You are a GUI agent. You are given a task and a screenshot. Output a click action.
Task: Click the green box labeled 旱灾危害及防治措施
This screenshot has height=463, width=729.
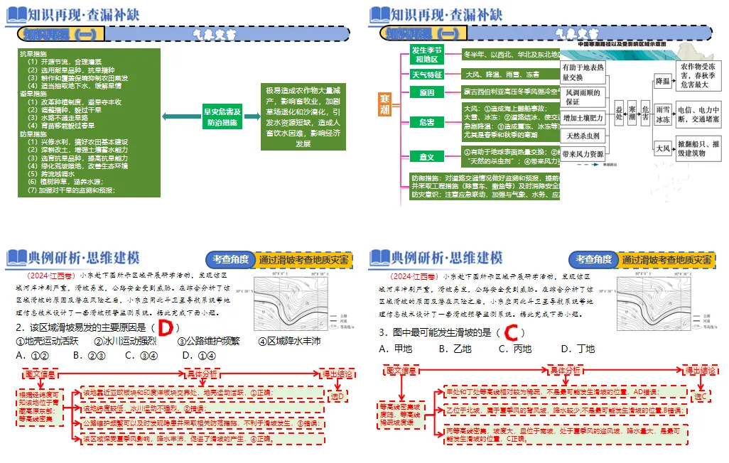point(222,116)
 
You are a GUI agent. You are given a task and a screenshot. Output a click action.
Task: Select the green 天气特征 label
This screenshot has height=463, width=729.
point(426,74)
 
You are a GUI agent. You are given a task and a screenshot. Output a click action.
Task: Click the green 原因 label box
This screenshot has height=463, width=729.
point(426,92)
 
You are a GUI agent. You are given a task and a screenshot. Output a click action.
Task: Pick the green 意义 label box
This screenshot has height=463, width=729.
point(426,156)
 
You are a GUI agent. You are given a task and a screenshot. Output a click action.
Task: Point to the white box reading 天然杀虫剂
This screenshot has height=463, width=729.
point(583,136)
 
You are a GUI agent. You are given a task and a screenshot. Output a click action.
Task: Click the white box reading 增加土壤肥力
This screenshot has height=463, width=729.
point(583,118)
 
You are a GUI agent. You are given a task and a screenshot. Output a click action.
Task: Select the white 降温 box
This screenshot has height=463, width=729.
point(662,81)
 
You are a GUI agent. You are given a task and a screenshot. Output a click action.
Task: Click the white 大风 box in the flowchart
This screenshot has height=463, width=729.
point(662,148)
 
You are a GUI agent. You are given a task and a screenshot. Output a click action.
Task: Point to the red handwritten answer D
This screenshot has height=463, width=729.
point(166,327)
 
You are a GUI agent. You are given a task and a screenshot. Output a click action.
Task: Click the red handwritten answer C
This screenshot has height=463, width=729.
point(511,332)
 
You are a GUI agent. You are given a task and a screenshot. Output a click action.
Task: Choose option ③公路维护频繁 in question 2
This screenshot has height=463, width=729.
point(209,342)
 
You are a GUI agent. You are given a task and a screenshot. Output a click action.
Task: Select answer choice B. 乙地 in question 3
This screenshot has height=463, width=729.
point(455,349)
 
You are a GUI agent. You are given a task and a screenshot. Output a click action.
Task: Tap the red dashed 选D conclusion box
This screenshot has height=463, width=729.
point(337,396)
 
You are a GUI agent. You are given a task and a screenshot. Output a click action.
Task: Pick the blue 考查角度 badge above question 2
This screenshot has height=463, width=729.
point(229,260)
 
